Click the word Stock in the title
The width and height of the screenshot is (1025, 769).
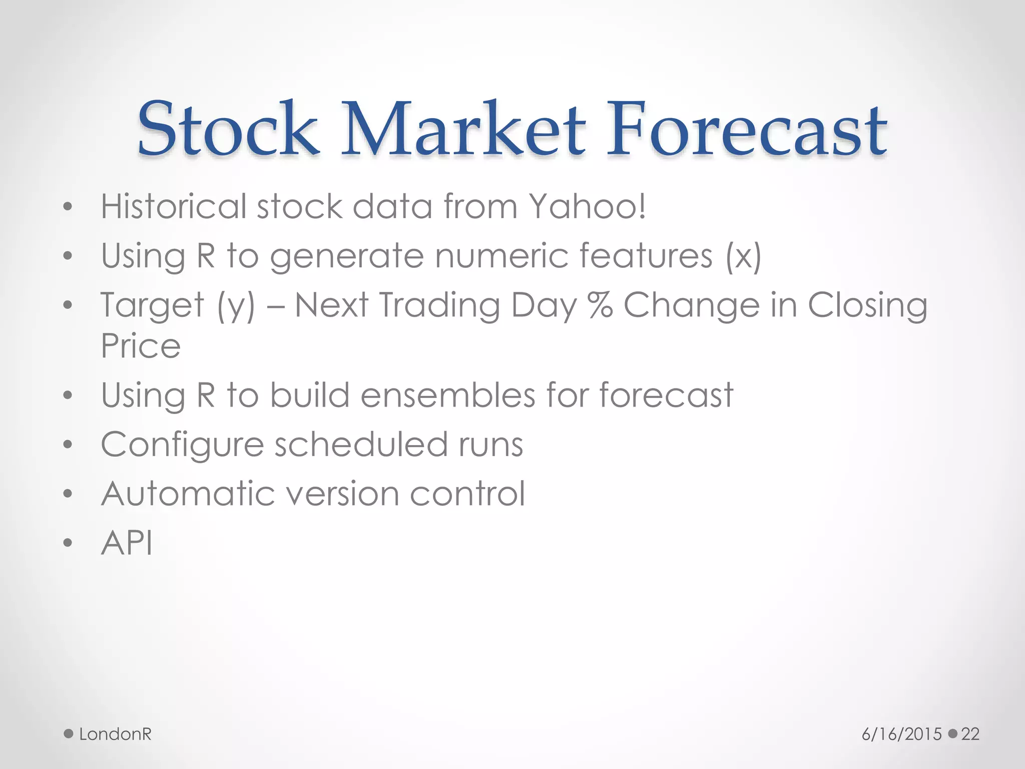[x=228, y=129]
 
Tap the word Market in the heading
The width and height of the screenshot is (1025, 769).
[x=463, y=129]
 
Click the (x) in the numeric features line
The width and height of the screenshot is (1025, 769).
[x=744, y=256]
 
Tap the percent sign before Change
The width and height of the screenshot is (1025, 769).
[x=600, y=305]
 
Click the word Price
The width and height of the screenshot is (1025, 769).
[x=141, y=346]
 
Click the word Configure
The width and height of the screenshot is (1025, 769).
[x=182, y=445]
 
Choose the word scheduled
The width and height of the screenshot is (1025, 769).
[x=360, y=444]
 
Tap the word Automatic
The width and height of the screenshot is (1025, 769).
[x=188, y=494]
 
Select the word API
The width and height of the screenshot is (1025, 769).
[x=127, y=543]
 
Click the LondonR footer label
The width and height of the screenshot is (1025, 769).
[x=115, y=734]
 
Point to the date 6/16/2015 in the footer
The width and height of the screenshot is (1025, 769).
[x=901, y=734]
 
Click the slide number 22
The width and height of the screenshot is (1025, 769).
[x=970, y=734]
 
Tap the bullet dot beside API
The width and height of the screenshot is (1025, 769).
[x=68, y=543]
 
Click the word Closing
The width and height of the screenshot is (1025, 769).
[x=867, y=306]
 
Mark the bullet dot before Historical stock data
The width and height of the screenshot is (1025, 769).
[x=68, y=206]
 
